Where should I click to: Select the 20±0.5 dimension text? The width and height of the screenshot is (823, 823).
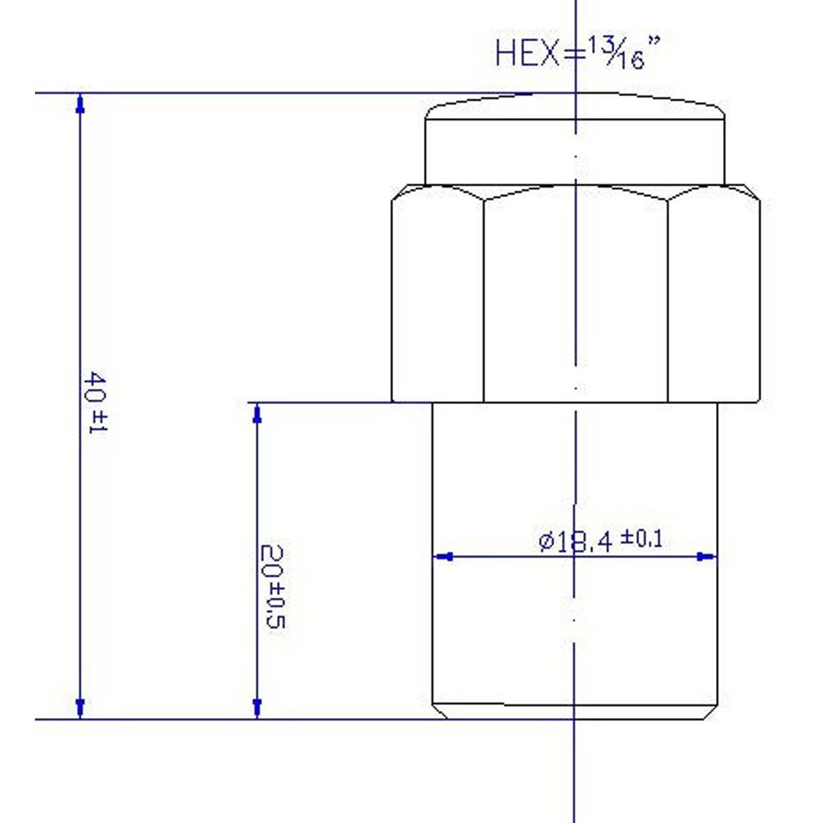(272, 587)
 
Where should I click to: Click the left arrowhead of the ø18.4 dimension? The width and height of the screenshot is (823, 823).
(444, 557)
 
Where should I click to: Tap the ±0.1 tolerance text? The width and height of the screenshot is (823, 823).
(641, 539)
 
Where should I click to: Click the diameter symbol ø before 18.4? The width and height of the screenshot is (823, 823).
(546, 542)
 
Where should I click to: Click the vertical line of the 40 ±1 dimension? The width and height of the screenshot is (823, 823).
(80, 274)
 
